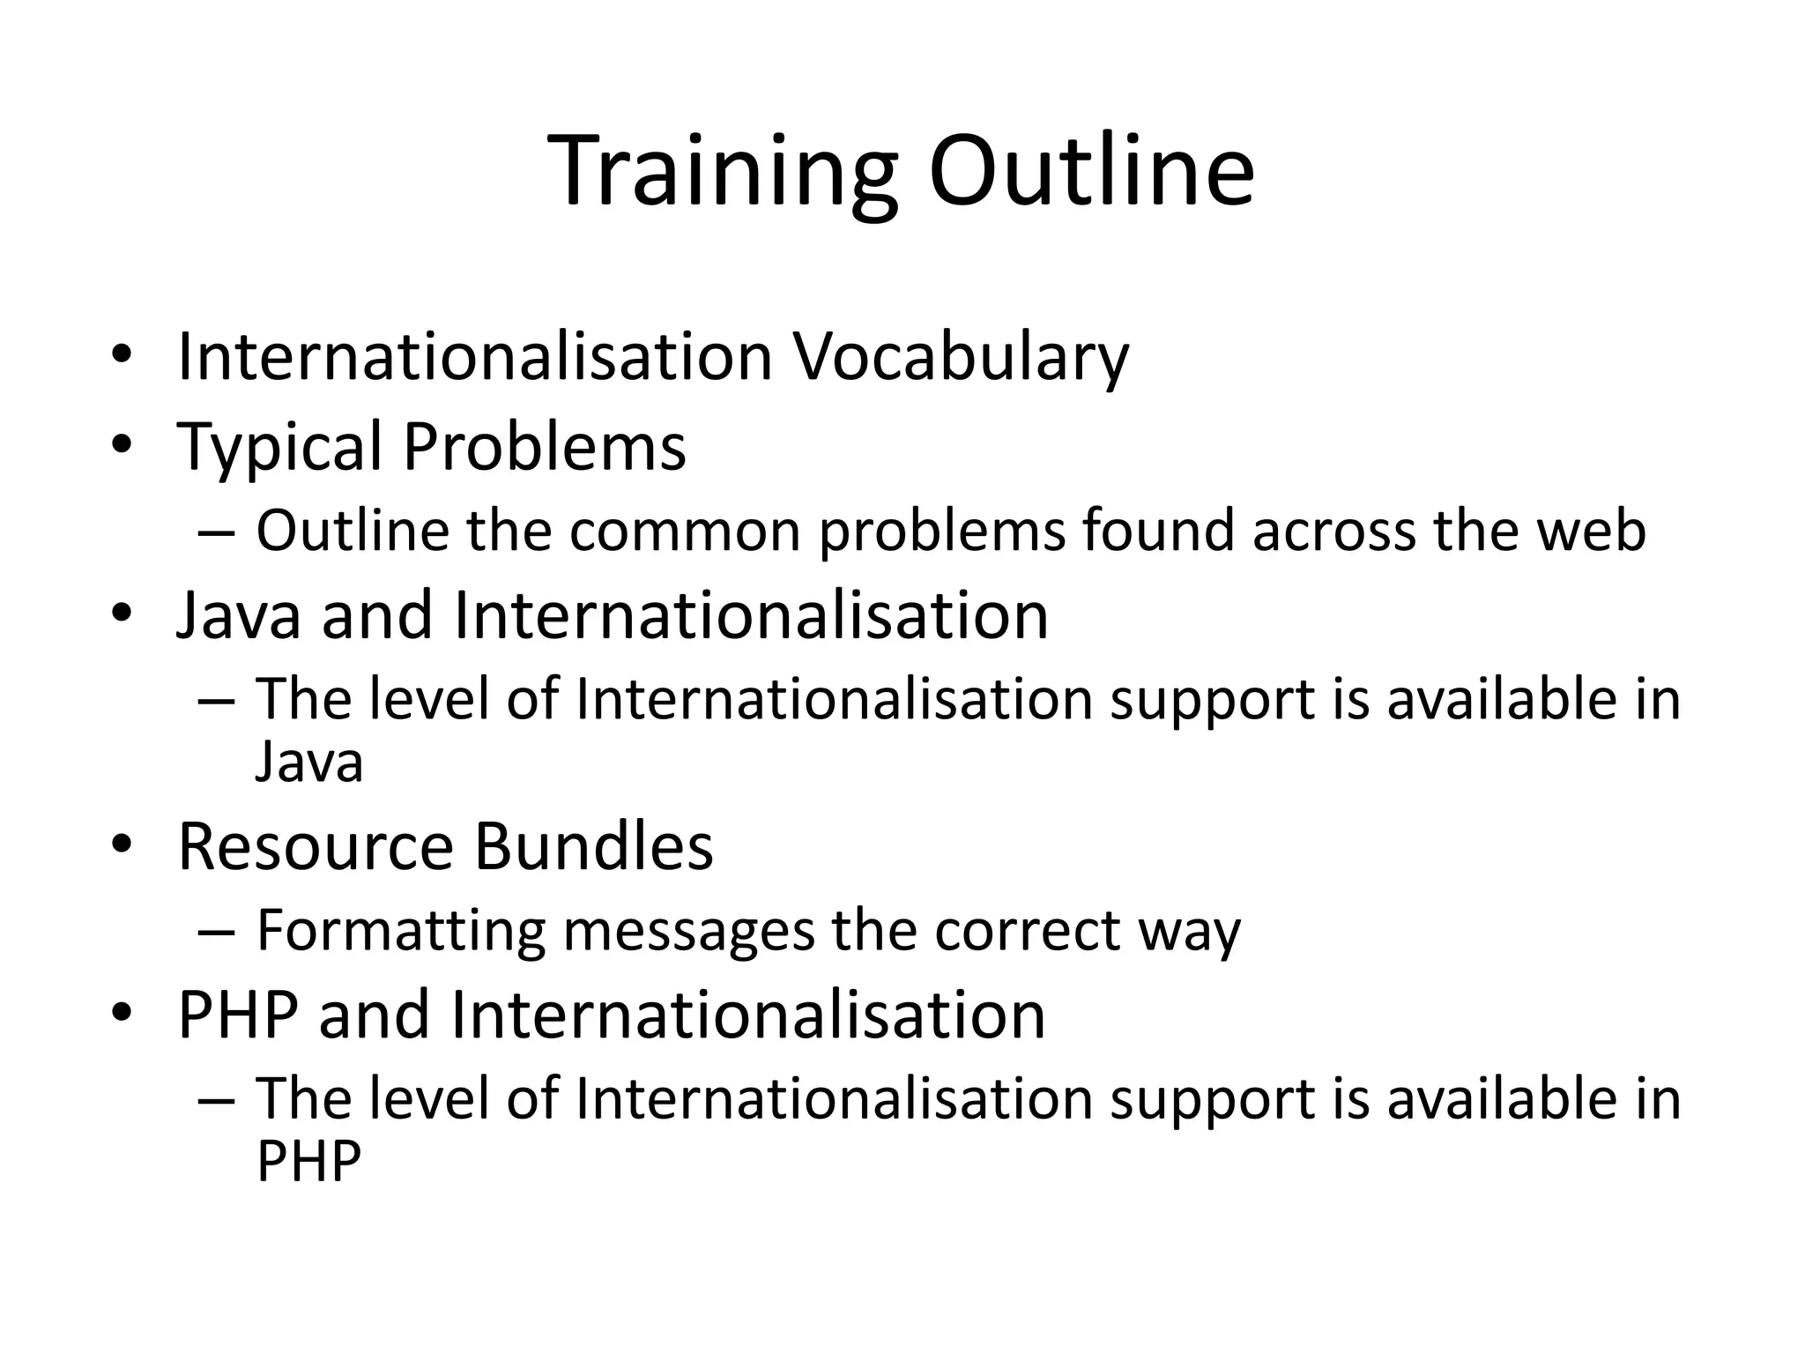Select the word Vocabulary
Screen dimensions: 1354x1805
[961, 357]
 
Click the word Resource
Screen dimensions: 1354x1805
[315, 846]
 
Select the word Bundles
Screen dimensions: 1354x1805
[593, 846]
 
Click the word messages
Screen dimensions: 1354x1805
[688, 931]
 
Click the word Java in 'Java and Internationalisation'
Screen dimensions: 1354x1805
[239, 615]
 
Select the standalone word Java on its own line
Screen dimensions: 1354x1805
[308, 762]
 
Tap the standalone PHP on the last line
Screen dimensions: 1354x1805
[308, 1161]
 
